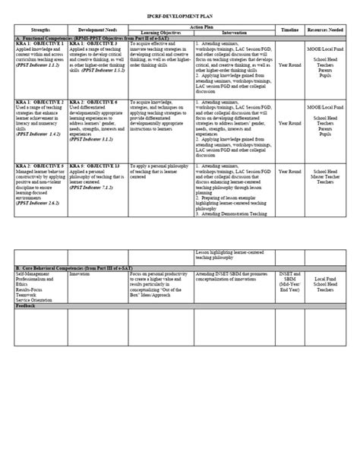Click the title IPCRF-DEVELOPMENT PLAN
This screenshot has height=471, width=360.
click(179, 15)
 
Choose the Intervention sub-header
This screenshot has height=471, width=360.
click(233, 33)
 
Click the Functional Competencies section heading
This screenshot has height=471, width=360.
click(99, 38)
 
